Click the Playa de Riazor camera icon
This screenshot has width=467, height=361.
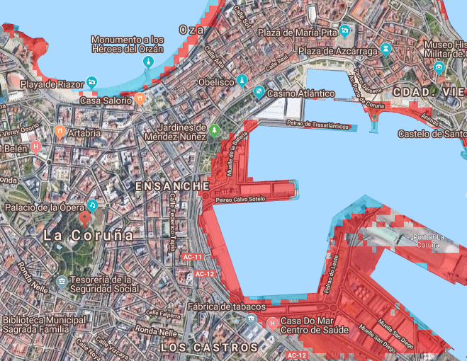pos(91,84)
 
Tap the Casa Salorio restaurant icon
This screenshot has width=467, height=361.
pos(140,99)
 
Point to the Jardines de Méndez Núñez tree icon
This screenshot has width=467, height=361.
pos(215,130)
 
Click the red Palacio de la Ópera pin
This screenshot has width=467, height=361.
pos(91,205)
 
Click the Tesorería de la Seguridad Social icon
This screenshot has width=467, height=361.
pos(62,282)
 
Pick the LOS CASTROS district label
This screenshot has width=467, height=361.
pos(209,348)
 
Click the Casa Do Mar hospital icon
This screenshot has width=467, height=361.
pos(273,324)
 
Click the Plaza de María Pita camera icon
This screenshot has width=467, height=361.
pos(344,31)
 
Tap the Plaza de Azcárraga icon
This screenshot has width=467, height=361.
pos(386,50)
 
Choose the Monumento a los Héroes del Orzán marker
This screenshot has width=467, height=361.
pos(148,63)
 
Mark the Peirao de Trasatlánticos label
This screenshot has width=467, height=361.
pos(319,124)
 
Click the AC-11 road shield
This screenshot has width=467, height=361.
pos(192,256)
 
